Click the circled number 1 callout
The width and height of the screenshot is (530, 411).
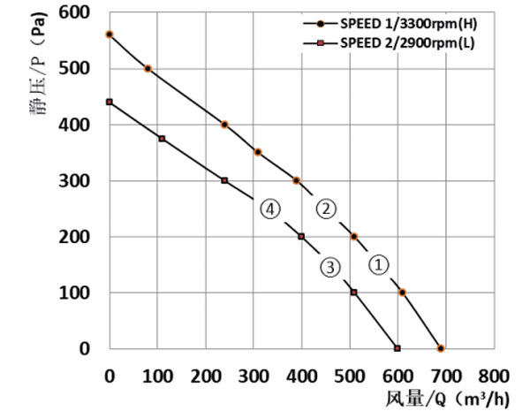tap(377, 263)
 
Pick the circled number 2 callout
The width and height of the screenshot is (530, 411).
tap(326, 209)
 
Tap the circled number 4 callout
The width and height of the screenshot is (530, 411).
tap(270, 209)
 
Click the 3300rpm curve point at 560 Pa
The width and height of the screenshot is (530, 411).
tap(110, 34)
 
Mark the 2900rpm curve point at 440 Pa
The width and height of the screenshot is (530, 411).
tap(110, 102)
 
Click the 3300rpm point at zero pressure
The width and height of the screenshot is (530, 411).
tap(441, 348)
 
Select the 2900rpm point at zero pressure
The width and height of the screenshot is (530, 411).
tap(397, 348)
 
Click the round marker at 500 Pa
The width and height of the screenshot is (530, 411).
tap(148, 68)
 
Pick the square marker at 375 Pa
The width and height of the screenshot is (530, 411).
tap(162, 139)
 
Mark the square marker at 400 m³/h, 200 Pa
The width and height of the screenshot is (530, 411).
tap(301, 236)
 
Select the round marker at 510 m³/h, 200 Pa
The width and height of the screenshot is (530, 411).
tap(354, 236)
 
